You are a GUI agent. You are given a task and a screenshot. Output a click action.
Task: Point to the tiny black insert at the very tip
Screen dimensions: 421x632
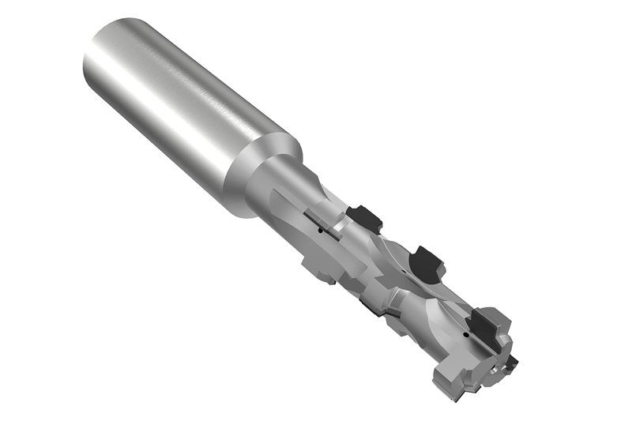513,363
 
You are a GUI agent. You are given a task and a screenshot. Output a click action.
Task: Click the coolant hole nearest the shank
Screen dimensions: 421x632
318,231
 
